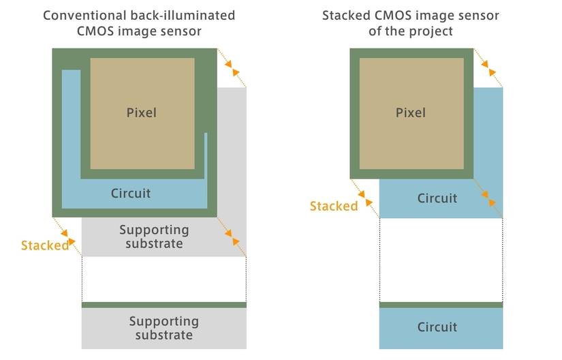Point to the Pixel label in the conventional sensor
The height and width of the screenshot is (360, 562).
(141, 112)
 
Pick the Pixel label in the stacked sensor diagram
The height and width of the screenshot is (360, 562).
(410, 112)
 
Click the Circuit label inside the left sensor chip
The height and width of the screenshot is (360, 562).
(131, 194)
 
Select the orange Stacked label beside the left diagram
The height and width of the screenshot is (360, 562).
(45, 245)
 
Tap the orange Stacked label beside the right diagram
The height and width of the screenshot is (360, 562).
(334, 206)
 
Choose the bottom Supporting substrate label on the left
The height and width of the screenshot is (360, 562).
(163, 328)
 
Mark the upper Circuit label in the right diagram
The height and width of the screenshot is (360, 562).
(437, 198)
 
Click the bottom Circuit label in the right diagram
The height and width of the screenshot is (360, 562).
(437, 327)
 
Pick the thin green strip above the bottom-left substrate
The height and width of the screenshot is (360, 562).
(163, 305)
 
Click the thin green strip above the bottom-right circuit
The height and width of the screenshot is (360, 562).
(441, 305)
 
